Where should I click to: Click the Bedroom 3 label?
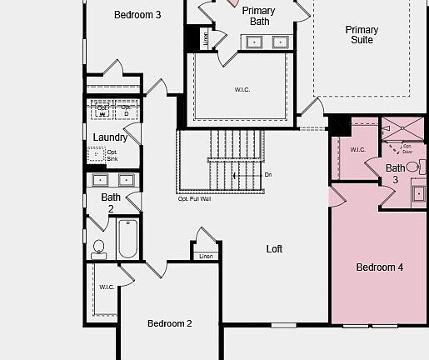137,14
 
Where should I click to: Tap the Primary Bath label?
259,16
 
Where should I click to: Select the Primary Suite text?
362,35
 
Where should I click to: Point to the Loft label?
274,249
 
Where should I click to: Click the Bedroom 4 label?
379,267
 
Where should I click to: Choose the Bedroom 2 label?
170,323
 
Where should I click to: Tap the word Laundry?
110,137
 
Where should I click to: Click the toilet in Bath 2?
99,247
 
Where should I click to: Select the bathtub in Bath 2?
127,238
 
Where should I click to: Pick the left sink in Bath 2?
100,179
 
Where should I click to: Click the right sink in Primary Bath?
281,41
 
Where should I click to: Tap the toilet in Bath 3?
413,167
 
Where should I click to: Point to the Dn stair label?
267,175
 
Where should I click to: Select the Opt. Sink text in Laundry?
112,155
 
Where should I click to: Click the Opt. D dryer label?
126,109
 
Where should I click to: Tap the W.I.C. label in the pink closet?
357,150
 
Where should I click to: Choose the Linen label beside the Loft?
206,256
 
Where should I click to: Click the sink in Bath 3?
419,194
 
